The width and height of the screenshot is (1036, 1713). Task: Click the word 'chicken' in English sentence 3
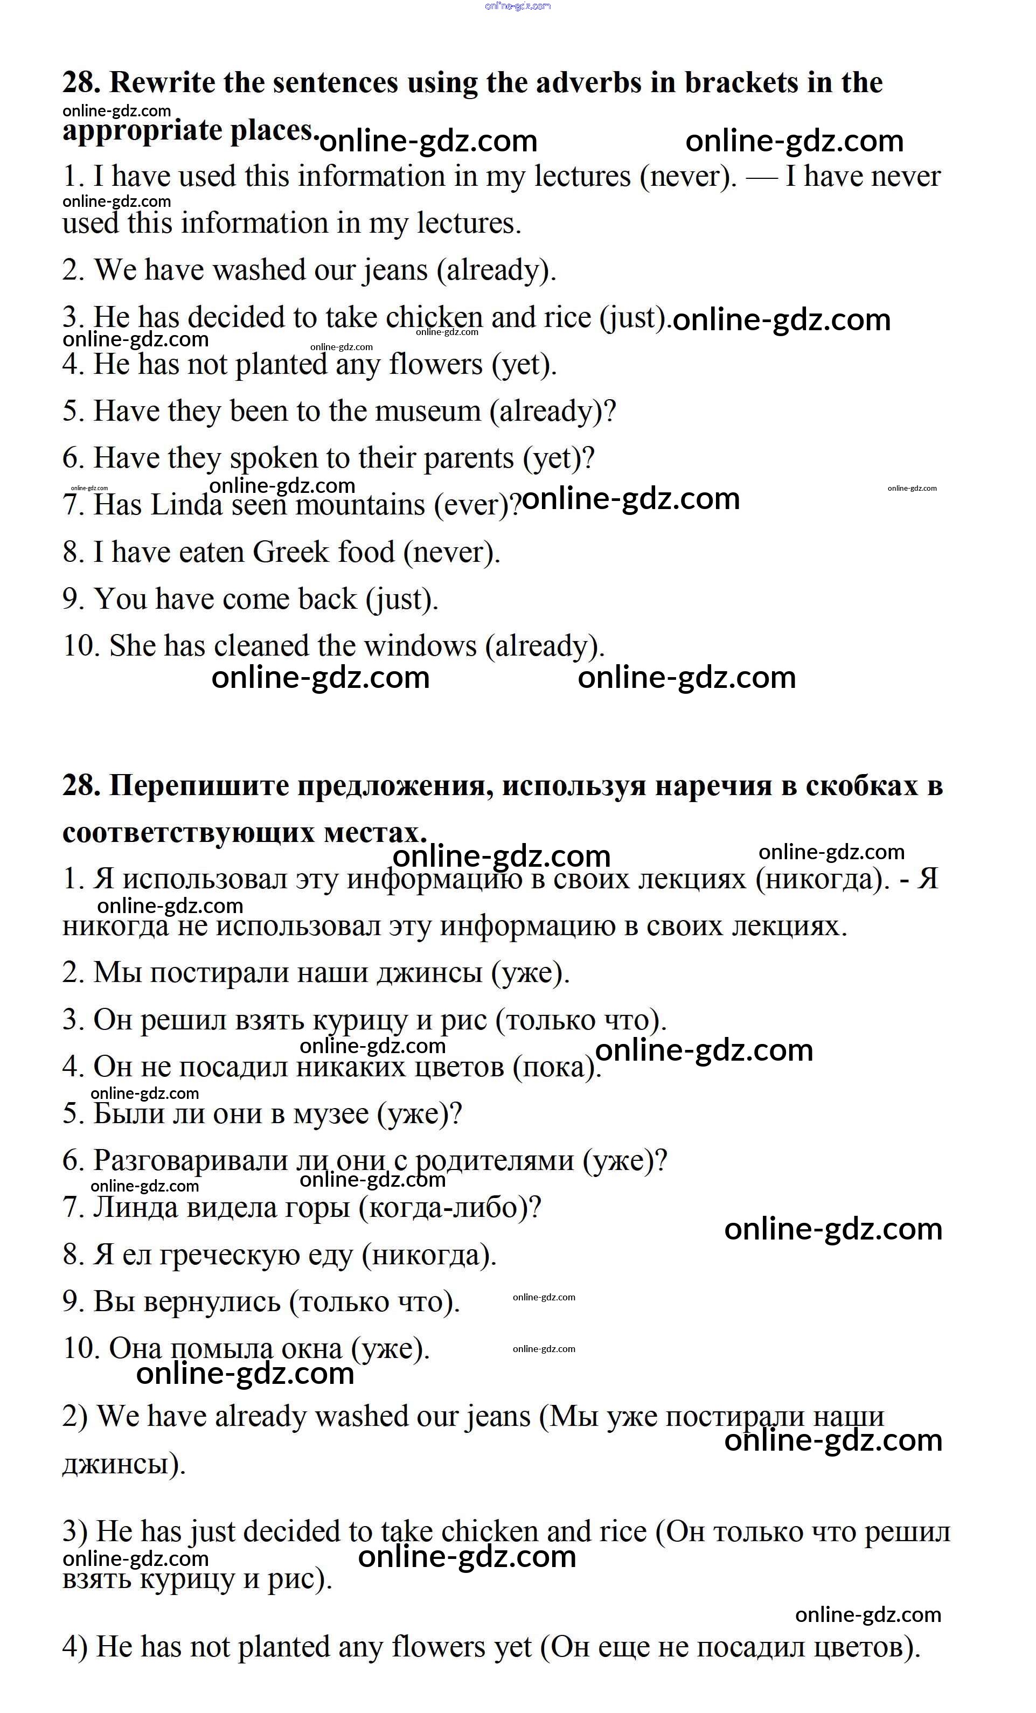(434, 318)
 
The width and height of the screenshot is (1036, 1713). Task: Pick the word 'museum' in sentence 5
(428, 412)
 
